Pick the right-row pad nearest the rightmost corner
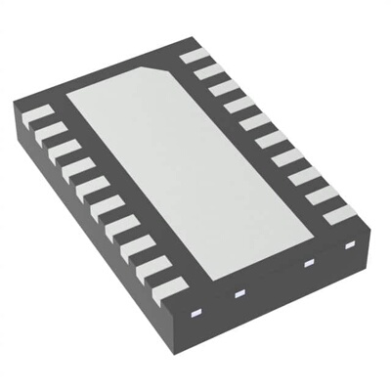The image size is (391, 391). click(x=337, y=215)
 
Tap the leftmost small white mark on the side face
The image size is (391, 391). click(x=194, y=314)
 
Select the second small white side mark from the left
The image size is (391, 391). click(x=238, y=291)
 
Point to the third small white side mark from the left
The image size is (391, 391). click(x=308, y=262)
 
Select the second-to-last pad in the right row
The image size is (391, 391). click(x=322, y=196)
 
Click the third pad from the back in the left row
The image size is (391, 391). click(x=59, y=154)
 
